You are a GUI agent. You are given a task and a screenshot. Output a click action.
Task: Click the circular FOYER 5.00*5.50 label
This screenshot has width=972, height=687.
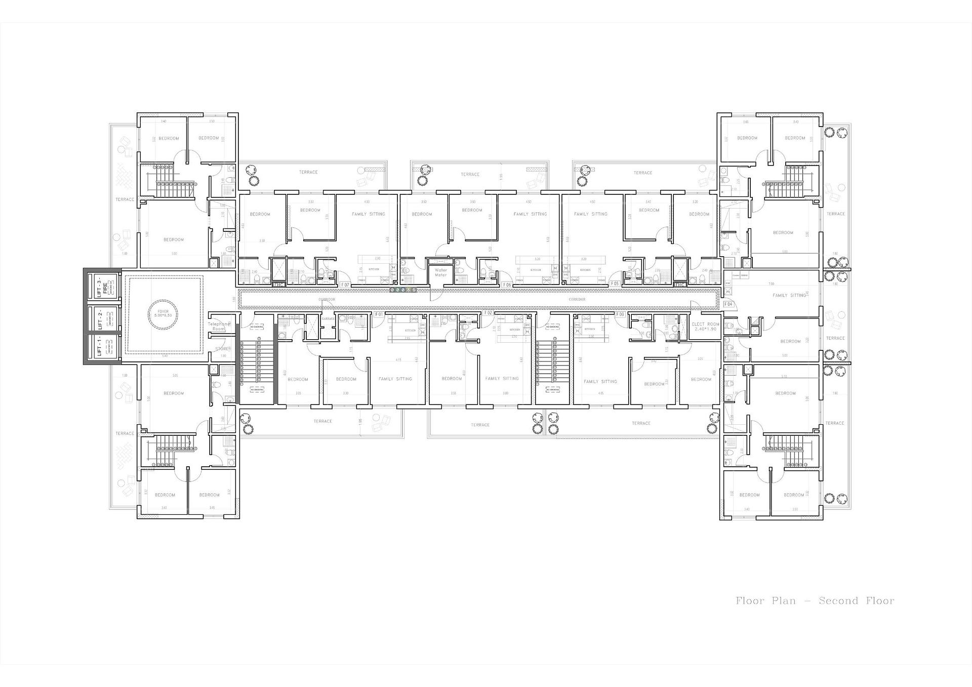(x=163, y=314)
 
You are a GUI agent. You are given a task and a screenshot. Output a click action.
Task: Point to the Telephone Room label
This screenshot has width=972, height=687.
(x=219, y=327)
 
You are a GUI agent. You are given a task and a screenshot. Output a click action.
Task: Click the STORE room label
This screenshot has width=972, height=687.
(x=221, y=349)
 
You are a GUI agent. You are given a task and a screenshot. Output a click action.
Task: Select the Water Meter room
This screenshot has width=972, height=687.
(x=440, y=272)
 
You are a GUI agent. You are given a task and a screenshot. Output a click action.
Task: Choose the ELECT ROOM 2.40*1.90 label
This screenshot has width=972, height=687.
(x=705, y=327)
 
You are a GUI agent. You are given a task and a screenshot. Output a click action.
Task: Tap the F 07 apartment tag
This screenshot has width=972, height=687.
(x=345, y=285)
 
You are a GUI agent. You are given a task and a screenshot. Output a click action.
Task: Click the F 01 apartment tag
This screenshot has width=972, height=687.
(x=379, y=314)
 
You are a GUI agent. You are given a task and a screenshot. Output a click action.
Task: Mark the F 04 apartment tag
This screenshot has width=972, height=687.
(x=728, y=304)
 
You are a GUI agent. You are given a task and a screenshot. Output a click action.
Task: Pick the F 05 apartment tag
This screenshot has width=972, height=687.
(x=615, y=284)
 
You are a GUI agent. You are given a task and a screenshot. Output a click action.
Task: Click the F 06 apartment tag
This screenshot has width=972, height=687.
(x=507, y=285)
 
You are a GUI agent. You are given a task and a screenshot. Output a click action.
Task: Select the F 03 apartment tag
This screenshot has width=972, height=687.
(x=620, y=314)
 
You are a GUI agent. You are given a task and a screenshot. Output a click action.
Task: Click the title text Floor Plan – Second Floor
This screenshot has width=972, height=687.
(x=815, y=601)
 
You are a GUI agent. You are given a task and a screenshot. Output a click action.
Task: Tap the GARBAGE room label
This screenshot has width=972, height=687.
(x=328, y=318)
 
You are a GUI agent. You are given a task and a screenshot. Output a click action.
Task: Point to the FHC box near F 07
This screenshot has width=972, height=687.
(x=279, y=285)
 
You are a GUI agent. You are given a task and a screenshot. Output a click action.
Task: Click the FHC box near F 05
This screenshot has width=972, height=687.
(x=680, y=284)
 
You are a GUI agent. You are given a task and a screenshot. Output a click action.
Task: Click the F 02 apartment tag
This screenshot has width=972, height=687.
(x=488, y=313)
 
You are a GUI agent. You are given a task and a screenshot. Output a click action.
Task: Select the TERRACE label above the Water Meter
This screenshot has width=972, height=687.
(x=470, y=174)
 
